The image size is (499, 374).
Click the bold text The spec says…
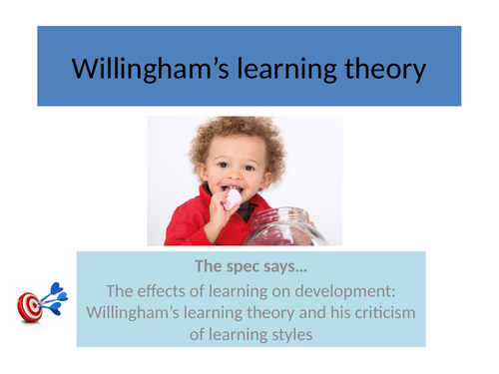pos(250,266)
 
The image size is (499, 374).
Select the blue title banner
pos(250,40)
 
